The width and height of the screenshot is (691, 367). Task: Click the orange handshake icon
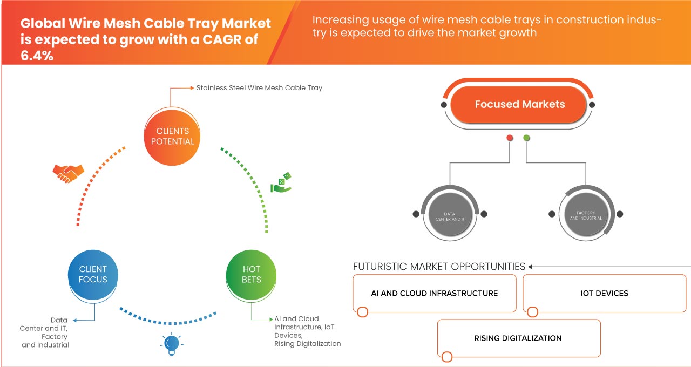(68, 173)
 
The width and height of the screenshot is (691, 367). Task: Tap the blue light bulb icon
(172, 344)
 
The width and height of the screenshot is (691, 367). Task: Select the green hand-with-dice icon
(281, 182)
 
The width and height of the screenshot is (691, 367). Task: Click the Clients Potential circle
(172, 137)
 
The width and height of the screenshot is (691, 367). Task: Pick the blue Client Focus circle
(93, 275)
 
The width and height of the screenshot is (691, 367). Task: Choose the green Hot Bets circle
(251, 275)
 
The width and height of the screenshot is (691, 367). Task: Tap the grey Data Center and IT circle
(450, 214)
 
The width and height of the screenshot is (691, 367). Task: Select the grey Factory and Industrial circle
(586, 214)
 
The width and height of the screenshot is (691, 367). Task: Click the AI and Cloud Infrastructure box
(435, 293)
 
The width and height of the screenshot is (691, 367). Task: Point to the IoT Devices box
(604, 293)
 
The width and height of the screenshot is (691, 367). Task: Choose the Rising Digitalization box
(519, 338)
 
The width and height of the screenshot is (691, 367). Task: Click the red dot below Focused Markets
(510, 138)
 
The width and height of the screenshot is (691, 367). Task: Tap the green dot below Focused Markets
(526, 138)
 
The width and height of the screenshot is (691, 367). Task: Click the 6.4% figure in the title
(37, 56)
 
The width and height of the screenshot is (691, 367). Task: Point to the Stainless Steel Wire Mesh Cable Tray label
(259, 88)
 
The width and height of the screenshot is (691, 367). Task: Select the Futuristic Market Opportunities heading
(439, 266)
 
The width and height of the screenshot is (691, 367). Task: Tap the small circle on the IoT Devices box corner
(532, 312)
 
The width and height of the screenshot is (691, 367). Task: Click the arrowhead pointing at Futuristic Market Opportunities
(530, 267)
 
